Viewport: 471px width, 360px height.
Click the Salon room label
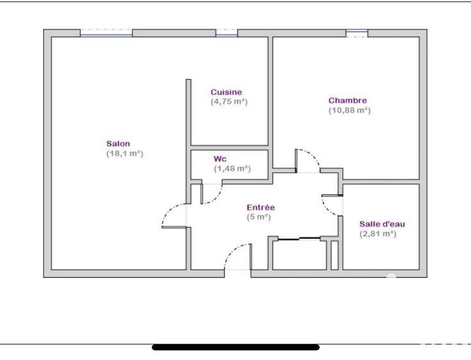pos(118,144)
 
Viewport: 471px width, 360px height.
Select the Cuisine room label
pos(227,92)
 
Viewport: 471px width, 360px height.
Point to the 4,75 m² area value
pos(228,101)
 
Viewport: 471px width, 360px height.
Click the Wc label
pos(219,159)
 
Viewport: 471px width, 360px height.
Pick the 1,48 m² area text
pos(232,168)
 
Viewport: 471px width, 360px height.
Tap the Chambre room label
pos(347,100)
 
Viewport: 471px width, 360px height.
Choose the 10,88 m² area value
pos(349,109)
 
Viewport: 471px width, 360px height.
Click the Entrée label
pos(261,207)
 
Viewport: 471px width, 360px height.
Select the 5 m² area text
pos(258,216)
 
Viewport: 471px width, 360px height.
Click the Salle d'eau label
pos(382,224)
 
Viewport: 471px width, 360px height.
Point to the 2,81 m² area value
pos(377,234)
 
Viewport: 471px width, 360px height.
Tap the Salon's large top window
pos(106,33)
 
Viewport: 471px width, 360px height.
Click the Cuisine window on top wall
pos(227,33)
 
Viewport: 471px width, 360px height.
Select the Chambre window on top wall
pos(357,32)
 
